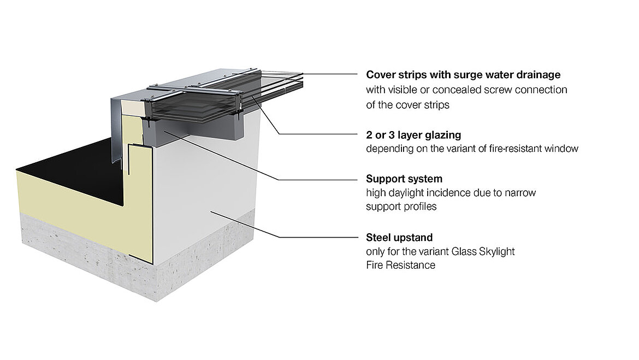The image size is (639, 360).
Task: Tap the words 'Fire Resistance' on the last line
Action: click(400, 265)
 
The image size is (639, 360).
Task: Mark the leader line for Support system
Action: click(317, 179)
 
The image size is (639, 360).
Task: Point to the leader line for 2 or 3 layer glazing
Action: click(317, 134)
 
